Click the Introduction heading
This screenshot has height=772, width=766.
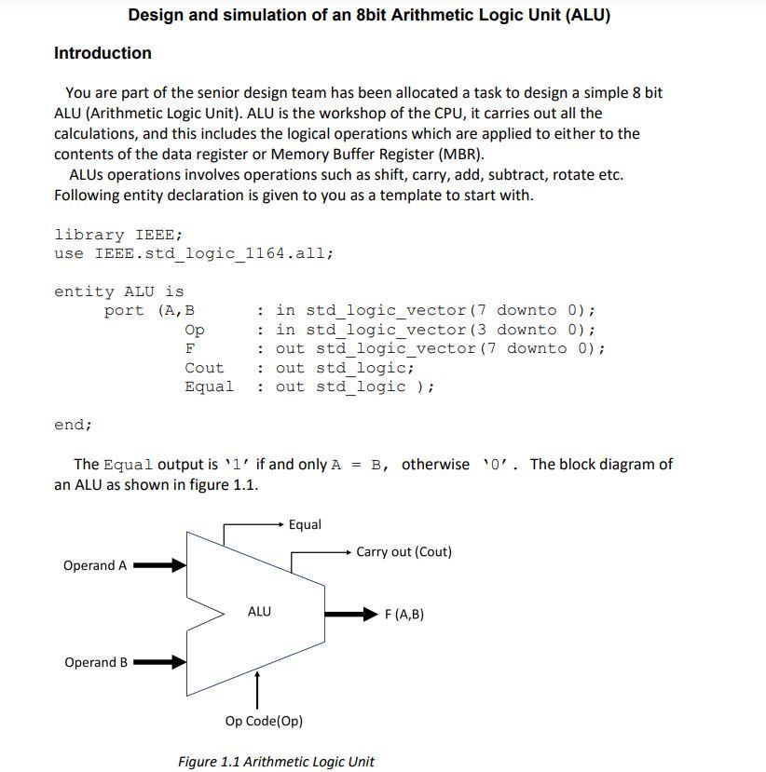click(x=103, y=53)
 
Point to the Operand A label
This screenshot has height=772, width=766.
click(x=94, y=565)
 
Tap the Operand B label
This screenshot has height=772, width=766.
click(x=95, y=662)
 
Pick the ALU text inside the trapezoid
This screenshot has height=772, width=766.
click(x=259, y=611)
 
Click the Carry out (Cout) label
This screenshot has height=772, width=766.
click(x=404, y=551)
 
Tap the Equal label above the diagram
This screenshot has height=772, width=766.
click(x=305, y=524)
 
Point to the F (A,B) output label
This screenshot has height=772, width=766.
click(x=404, y=614)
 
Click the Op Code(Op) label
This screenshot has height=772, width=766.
click(x=264, y=721)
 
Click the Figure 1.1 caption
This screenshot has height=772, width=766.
click(x=276, y=761)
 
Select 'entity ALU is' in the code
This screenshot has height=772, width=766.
click(x=119, y=291)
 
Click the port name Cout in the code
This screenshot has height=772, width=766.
click(x=204, y=367)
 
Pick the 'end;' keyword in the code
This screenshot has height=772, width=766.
click(x=74, y=425)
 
